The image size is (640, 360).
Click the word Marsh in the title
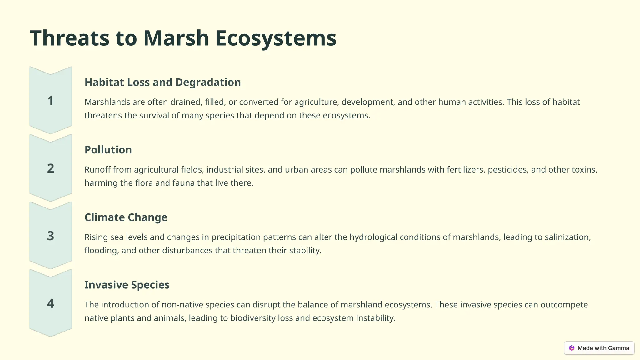tap(176, 38)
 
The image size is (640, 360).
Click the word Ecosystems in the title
tap(276, 38)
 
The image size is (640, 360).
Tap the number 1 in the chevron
tap(51, 101)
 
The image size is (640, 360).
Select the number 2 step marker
tap(51, 168)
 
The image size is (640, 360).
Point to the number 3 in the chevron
tap(51, 236)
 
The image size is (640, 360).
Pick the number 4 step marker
tap(51, 303)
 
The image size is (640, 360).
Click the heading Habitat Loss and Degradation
tap(162, 82)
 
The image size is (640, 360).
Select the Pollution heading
tap(108, 150)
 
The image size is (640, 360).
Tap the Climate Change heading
tap(126, 217)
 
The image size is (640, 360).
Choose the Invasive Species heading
tap(127, 285)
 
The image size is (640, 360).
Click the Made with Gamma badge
tap(599, 348)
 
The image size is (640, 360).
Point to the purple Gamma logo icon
tap(572, 348)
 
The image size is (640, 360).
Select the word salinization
tap(567, 237)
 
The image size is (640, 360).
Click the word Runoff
tap(97, 170)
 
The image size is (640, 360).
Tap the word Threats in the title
tap(70, 38)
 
